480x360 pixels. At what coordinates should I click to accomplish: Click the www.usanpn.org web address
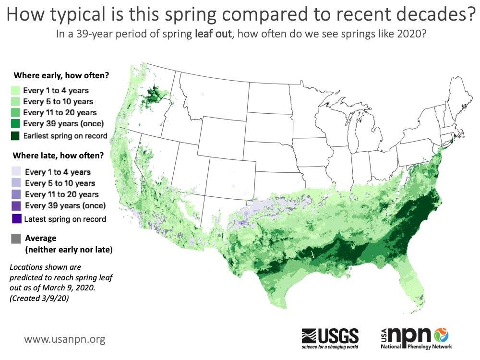coord(65,339)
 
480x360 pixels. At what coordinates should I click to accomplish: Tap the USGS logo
coord(330,337)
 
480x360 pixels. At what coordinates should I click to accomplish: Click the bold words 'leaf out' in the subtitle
coord(213,35)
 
